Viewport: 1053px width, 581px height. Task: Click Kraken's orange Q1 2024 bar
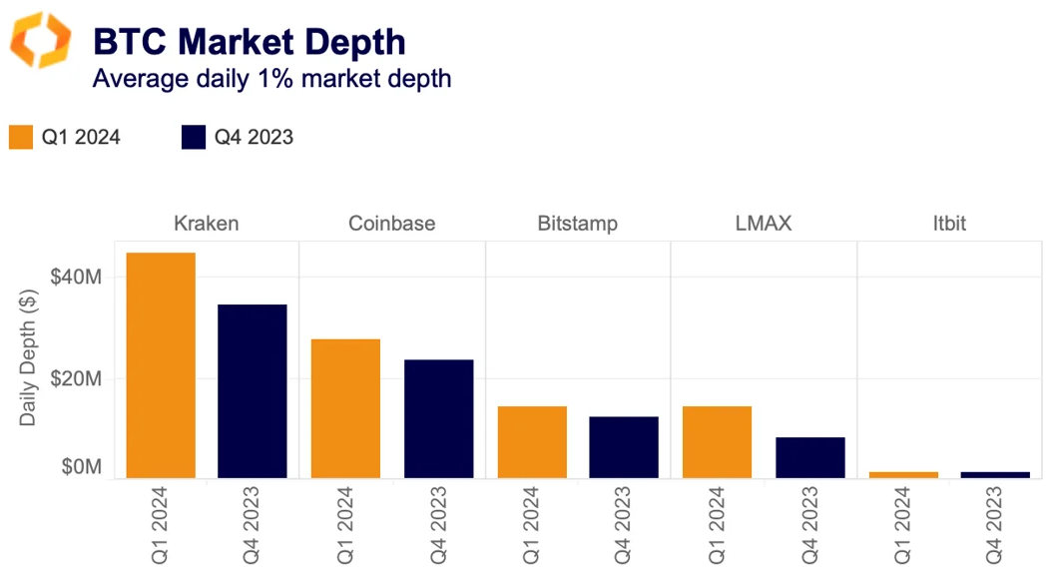point(161,365)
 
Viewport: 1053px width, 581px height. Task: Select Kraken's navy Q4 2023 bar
point(253,391)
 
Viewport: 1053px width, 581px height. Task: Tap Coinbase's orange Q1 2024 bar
point(345,408)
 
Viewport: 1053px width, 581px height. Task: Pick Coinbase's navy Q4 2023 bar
point(439,418)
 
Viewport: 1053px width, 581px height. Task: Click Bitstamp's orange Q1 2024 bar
point(532,441)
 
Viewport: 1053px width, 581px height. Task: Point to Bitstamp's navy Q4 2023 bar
point(624,446)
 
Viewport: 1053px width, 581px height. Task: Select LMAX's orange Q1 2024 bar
point(717,441)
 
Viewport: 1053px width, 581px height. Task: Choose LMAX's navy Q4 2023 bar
point(810,457)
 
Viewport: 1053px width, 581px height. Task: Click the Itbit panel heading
point(949,223)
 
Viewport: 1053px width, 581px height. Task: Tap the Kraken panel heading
point(207,223)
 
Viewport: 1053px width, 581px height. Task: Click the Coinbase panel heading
point(391,223)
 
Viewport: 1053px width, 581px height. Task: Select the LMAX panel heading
point(763,223)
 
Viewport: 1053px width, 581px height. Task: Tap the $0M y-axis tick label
point(82,466)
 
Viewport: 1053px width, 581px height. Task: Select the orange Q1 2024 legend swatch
point(21,137)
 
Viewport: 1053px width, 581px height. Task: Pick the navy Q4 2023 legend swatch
point(194,137)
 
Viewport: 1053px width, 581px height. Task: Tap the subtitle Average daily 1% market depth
point(271,79)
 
